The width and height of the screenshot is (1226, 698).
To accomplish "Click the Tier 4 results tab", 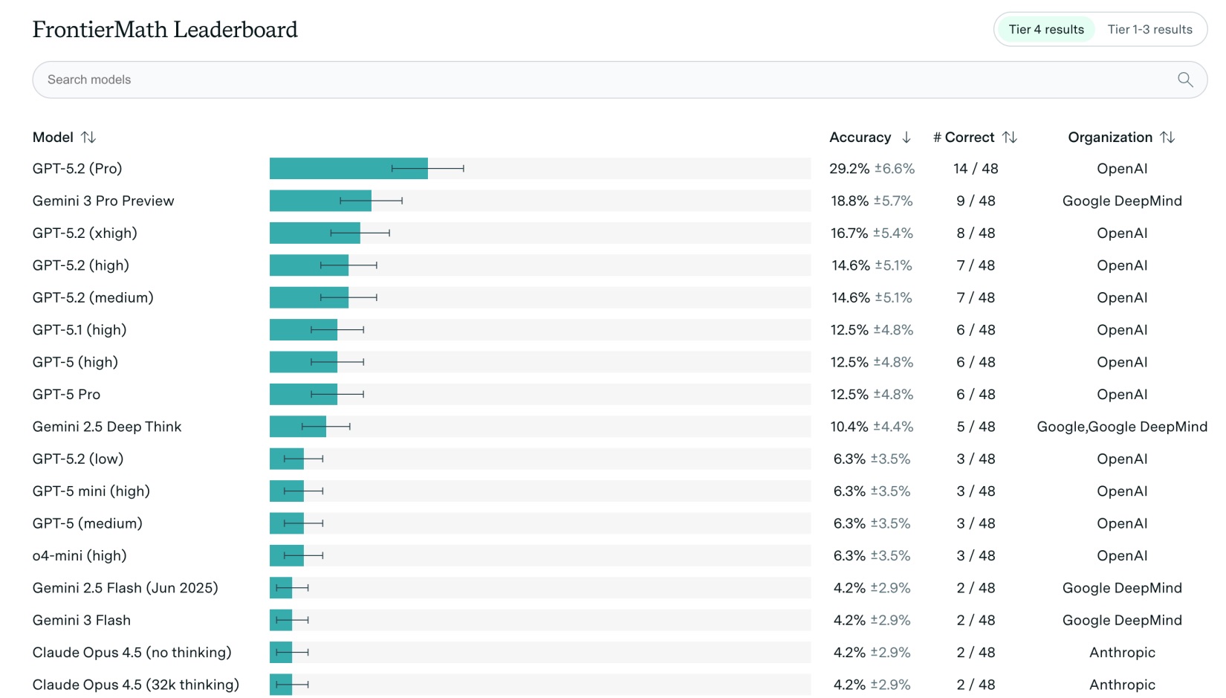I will click(x=1045, y=30).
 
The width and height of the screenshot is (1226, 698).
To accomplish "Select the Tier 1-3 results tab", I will click(x=1149, y=30).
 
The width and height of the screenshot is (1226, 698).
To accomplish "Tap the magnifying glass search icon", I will click(x=1185, y=80).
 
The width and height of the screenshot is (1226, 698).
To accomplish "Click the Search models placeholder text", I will click(x=89, y=80).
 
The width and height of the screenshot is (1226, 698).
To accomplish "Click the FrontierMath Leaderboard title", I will click(x=165, y=30).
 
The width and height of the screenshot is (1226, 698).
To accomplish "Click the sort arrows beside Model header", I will click(x=88, y=138).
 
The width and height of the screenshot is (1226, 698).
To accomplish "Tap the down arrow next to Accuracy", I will click(x=906, y=138).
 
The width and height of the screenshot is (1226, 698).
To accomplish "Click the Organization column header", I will click(x=1110, y=138).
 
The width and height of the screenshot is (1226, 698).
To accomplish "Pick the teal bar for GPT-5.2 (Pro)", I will click(x=348, y=169).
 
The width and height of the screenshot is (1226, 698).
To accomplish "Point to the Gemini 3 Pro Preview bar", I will click(x=320, y=201).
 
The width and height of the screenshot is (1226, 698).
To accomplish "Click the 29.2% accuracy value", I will click(x=849, y=169).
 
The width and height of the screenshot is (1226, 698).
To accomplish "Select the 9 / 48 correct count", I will click(x=976, y=201).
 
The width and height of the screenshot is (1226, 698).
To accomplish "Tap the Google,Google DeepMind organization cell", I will click(x=1122, y=427).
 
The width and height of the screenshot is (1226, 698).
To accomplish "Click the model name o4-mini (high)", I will click(x=80, y=556).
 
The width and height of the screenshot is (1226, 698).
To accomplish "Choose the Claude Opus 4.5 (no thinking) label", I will click(x=132, y=653).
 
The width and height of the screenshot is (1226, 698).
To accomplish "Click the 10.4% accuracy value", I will click(x=849, y=427).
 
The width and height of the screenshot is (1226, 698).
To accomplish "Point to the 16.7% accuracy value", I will click(x=849, y=233).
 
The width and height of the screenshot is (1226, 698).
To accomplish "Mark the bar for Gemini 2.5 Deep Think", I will click(x=297, y=427).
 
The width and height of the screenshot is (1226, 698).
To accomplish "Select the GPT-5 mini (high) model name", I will click(x=91, y=491).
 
